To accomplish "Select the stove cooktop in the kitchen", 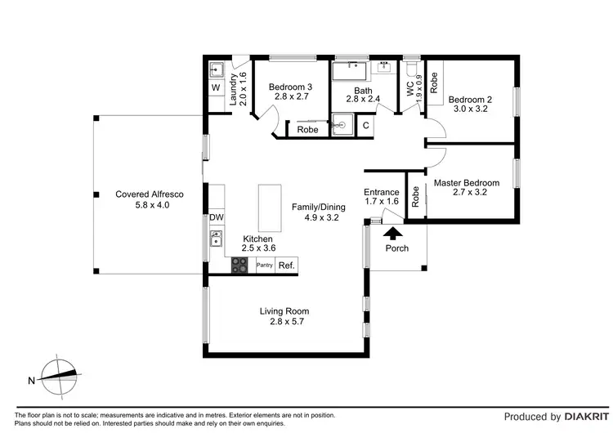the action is click(240, 265).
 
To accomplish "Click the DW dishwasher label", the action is click(216, 217).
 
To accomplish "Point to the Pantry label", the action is click(265, 266).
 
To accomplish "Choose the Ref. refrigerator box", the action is click(286, 266).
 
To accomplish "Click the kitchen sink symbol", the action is click(216, 239).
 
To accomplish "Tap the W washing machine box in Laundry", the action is click(216, 87).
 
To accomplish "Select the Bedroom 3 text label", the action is click(290, 87).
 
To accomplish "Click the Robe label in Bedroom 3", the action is click(307, 130).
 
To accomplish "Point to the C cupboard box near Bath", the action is click(365, 125).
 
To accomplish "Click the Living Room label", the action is click(284, 311).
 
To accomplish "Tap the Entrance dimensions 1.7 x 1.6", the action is click(381, 201).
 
